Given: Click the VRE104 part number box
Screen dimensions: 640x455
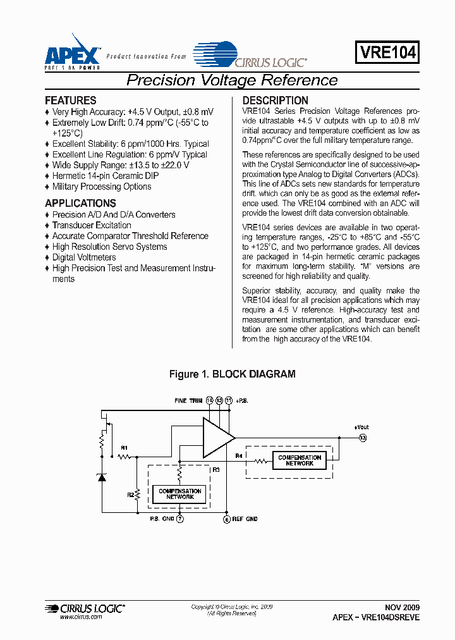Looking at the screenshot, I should pos(388,52).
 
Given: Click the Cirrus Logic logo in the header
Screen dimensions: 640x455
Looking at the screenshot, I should pos(251,56).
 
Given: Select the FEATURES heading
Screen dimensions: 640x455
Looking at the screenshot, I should pos(71,101).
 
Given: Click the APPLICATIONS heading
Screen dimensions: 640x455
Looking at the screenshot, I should pos(80,204).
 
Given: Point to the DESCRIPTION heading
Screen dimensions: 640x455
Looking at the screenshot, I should pos(276,101).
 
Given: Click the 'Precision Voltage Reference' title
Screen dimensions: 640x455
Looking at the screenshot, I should pos(232,80).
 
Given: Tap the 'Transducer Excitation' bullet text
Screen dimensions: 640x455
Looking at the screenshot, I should pos(92,225).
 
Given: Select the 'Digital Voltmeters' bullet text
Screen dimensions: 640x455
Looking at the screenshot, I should pos(84,257).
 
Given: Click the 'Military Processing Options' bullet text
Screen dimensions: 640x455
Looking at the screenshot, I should pos(102,187).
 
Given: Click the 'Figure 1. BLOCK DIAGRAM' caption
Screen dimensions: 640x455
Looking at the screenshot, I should pos(232,374).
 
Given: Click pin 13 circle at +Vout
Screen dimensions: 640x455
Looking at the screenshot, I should pos(363,438).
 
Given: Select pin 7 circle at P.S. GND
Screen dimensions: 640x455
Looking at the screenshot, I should pos(180,519).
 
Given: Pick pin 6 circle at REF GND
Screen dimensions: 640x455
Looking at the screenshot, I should pos(226,519).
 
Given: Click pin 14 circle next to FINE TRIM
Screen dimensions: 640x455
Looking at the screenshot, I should pos(210,400).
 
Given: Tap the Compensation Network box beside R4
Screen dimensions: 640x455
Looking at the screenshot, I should pos(300,460).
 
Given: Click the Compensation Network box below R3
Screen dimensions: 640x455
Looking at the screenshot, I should pos(180,494).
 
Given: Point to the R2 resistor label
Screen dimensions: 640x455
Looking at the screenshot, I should pos(131,495).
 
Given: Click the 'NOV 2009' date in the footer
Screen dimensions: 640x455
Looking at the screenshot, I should pos(402,606).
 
